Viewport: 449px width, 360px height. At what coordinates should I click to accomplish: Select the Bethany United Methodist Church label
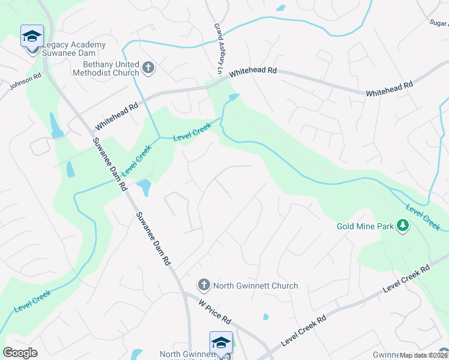coord(111,68)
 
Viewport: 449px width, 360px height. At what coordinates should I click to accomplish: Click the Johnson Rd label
coord(25,82)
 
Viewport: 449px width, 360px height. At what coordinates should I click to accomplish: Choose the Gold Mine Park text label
coord(365,226)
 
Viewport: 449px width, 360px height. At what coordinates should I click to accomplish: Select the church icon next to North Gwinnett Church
coord(203,285)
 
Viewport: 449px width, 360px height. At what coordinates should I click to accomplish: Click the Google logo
coord(20,352)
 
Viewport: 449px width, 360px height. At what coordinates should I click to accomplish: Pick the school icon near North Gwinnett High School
coord(220,343)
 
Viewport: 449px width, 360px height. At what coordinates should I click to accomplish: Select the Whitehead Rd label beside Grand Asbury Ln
coord(253,70)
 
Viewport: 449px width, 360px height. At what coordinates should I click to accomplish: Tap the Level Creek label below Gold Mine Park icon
coord(423,217)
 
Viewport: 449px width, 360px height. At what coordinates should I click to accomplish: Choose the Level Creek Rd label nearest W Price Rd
coord(303,329)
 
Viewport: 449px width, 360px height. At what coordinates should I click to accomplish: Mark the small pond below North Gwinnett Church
coord(265,316)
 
